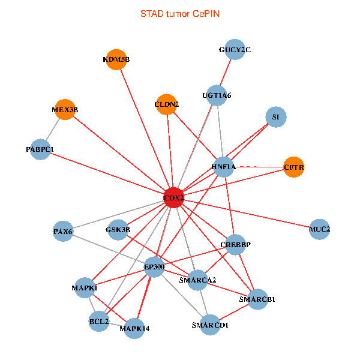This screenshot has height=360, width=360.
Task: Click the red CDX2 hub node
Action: [x=173, y=198]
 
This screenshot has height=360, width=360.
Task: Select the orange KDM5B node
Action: [x=116, y=59]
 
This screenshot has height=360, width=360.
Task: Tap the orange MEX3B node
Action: [x=65, y=110]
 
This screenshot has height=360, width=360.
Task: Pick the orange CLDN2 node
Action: [x=166, y=104]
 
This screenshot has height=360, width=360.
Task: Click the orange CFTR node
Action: [x=293, y=167]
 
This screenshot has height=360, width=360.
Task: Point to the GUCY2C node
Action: [x=235, y=50]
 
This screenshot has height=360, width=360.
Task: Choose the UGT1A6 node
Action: [x=217, y=95]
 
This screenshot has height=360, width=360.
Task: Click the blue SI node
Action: [x=275, y=117]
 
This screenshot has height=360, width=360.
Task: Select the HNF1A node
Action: [x=223, y=167]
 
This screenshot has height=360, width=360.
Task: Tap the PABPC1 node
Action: [x=40, y=149]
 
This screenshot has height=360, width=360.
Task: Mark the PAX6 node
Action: [x=63, y=231]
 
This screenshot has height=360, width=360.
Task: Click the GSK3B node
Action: [x=118, y=229]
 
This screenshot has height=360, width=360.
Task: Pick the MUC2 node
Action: [x=320, y=229]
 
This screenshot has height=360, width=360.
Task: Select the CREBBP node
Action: [x=235, y=245]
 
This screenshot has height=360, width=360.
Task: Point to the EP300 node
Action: [x=154, y=266]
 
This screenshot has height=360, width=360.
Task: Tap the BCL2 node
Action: [x=99, y=321]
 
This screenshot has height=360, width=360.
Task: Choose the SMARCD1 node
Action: [x=210, y=325]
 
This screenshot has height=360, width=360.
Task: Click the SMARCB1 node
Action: [x=257, y=299]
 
